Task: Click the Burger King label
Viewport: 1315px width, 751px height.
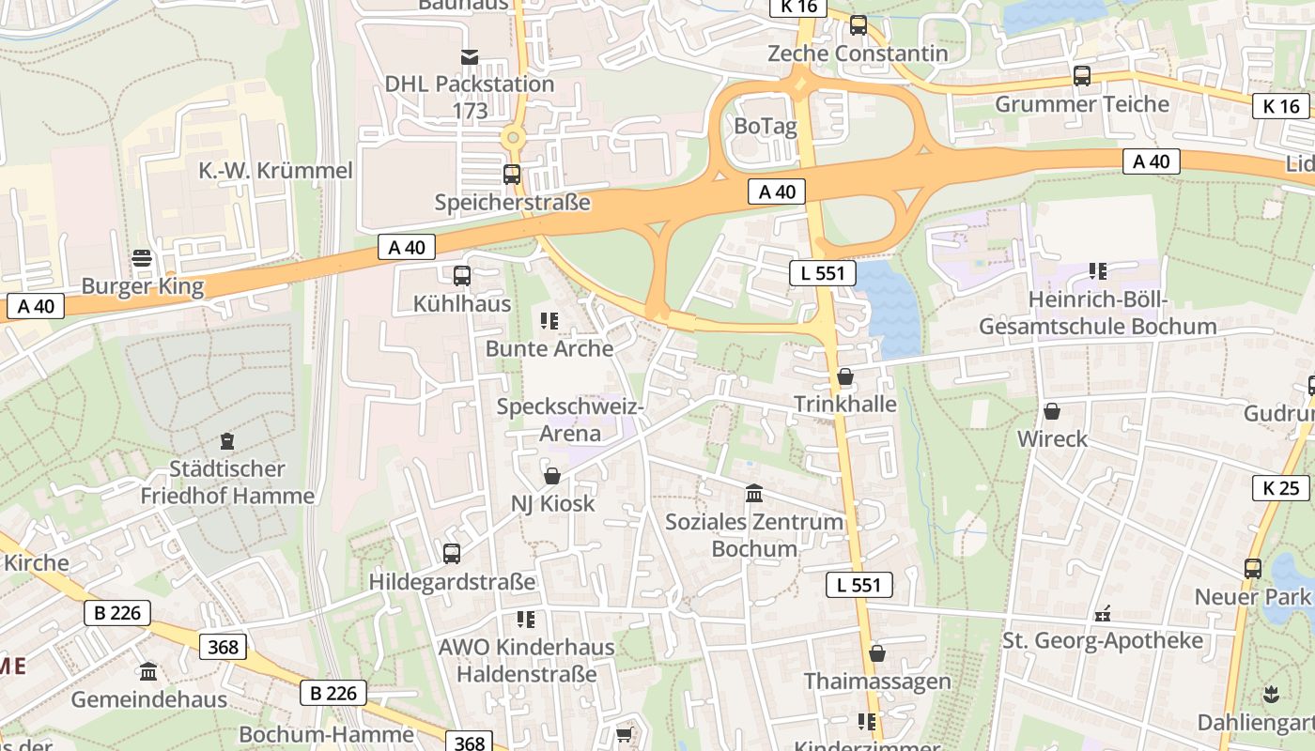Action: [143, 286]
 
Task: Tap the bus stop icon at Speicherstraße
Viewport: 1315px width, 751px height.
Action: [512, 175]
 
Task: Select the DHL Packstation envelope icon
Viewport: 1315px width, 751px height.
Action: [470, 58]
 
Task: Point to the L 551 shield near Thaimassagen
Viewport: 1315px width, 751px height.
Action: [859, 585]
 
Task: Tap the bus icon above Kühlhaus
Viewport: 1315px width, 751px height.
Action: [461, 276]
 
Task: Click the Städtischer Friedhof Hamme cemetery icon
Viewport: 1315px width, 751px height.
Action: [226, 440]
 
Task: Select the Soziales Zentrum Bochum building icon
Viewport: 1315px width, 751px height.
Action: [753, 494]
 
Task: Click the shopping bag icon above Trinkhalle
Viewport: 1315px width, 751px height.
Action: [845, 377]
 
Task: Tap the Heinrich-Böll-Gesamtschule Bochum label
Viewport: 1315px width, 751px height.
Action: [1097, 314]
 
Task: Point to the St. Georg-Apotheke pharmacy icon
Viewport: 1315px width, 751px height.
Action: [1103, 614]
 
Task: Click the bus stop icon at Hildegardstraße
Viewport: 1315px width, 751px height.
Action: [452, 554]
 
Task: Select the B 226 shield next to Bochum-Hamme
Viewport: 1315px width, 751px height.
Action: [333, 693]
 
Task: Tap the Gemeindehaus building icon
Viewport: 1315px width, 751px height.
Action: [148, 672]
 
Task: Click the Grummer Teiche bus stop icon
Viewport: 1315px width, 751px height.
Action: [1082, 76]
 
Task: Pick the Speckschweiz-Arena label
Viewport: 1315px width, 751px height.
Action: [570, 421]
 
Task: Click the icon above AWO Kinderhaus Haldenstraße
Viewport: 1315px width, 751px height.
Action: [526, 620]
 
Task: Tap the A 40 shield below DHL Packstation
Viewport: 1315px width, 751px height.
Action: [407, 247]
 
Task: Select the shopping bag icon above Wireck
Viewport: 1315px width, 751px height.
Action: [1052, 411]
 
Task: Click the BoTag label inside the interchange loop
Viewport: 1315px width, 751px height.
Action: [765, 127]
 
